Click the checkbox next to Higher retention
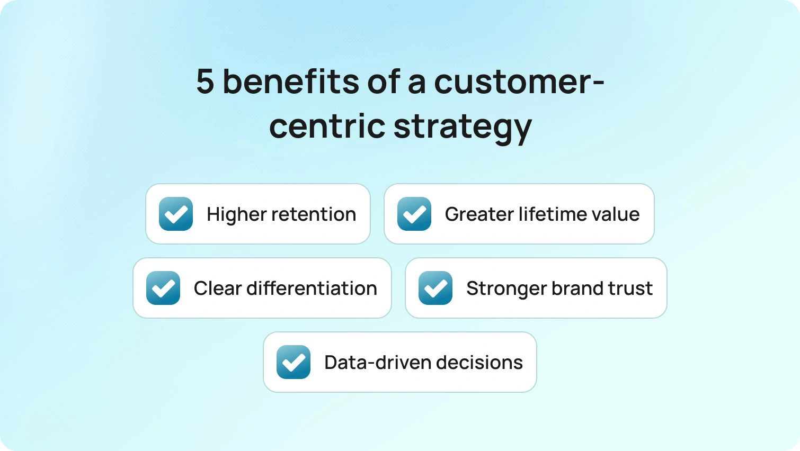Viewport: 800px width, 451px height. [176, 214]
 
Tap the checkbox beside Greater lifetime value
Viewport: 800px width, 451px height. [414, 214]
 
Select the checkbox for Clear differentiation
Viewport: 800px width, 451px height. [163, 288]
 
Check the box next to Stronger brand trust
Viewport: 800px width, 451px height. [435, 288]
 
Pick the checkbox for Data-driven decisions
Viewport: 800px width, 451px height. [293, 362]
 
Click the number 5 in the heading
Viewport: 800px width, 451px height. [206, 82]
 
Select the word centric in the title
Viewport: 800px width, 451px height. [327, 125]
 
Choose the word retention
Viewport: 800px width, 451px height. [314, 214]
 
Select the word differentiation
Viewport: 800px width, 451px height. [312, 288]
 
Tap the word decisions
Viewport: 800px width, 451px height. [479, 362]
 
